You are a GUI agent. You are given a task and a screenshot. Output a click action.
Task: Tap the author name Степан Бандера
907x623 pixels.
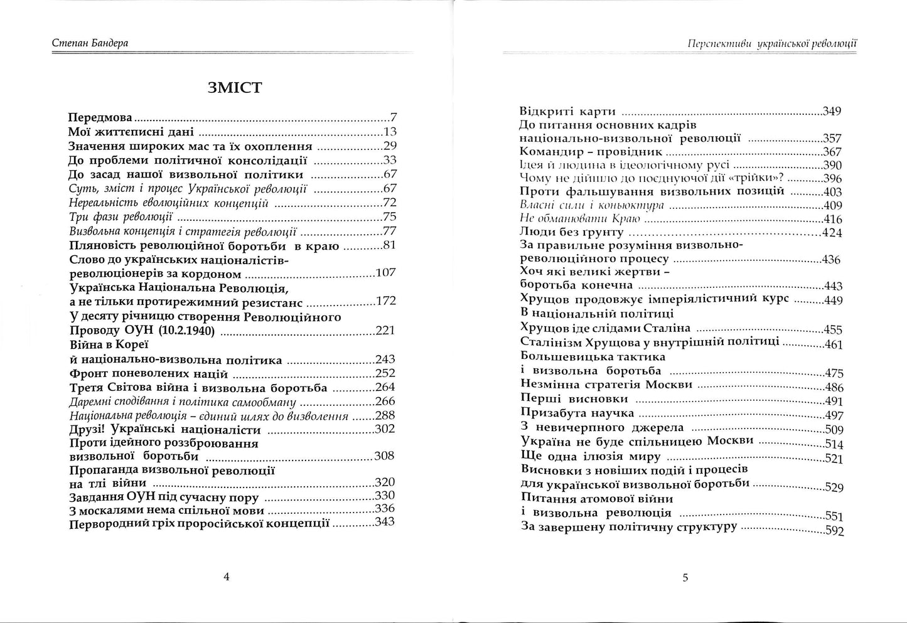click(x=94, y=43)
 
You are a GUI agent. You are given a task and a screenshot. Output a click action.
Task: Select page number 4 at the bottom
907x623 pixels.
click(x=227, y=577)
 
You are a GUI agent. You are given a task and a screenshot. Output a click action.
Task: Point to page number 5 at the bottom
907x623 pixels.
click(x=685, y=577)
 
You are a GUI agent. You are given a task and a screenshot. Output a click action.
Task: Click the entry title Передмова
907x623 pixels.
click(x=100, y=117)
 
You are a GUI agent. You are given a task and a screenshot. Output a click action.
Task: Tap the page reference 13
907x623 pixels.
click(x=390, y=132)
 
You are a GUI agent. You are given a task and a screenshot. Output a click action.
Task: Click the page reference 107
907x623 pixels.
click(x=385, y=273)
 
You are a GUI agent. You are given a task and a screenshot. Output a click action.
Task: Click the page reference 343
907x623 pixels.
click(x=384, y=522)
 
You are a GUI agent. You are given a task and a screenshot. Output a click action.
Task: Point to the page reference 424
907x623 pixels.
click(x=832, y=233)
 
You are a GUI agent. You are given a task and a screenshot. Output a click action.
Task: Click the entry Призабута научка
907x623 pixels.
click(x=577, y=413)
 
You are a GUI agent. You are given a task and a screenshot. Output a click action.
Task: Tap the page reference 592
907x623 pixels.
click(x=834, y=531)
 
